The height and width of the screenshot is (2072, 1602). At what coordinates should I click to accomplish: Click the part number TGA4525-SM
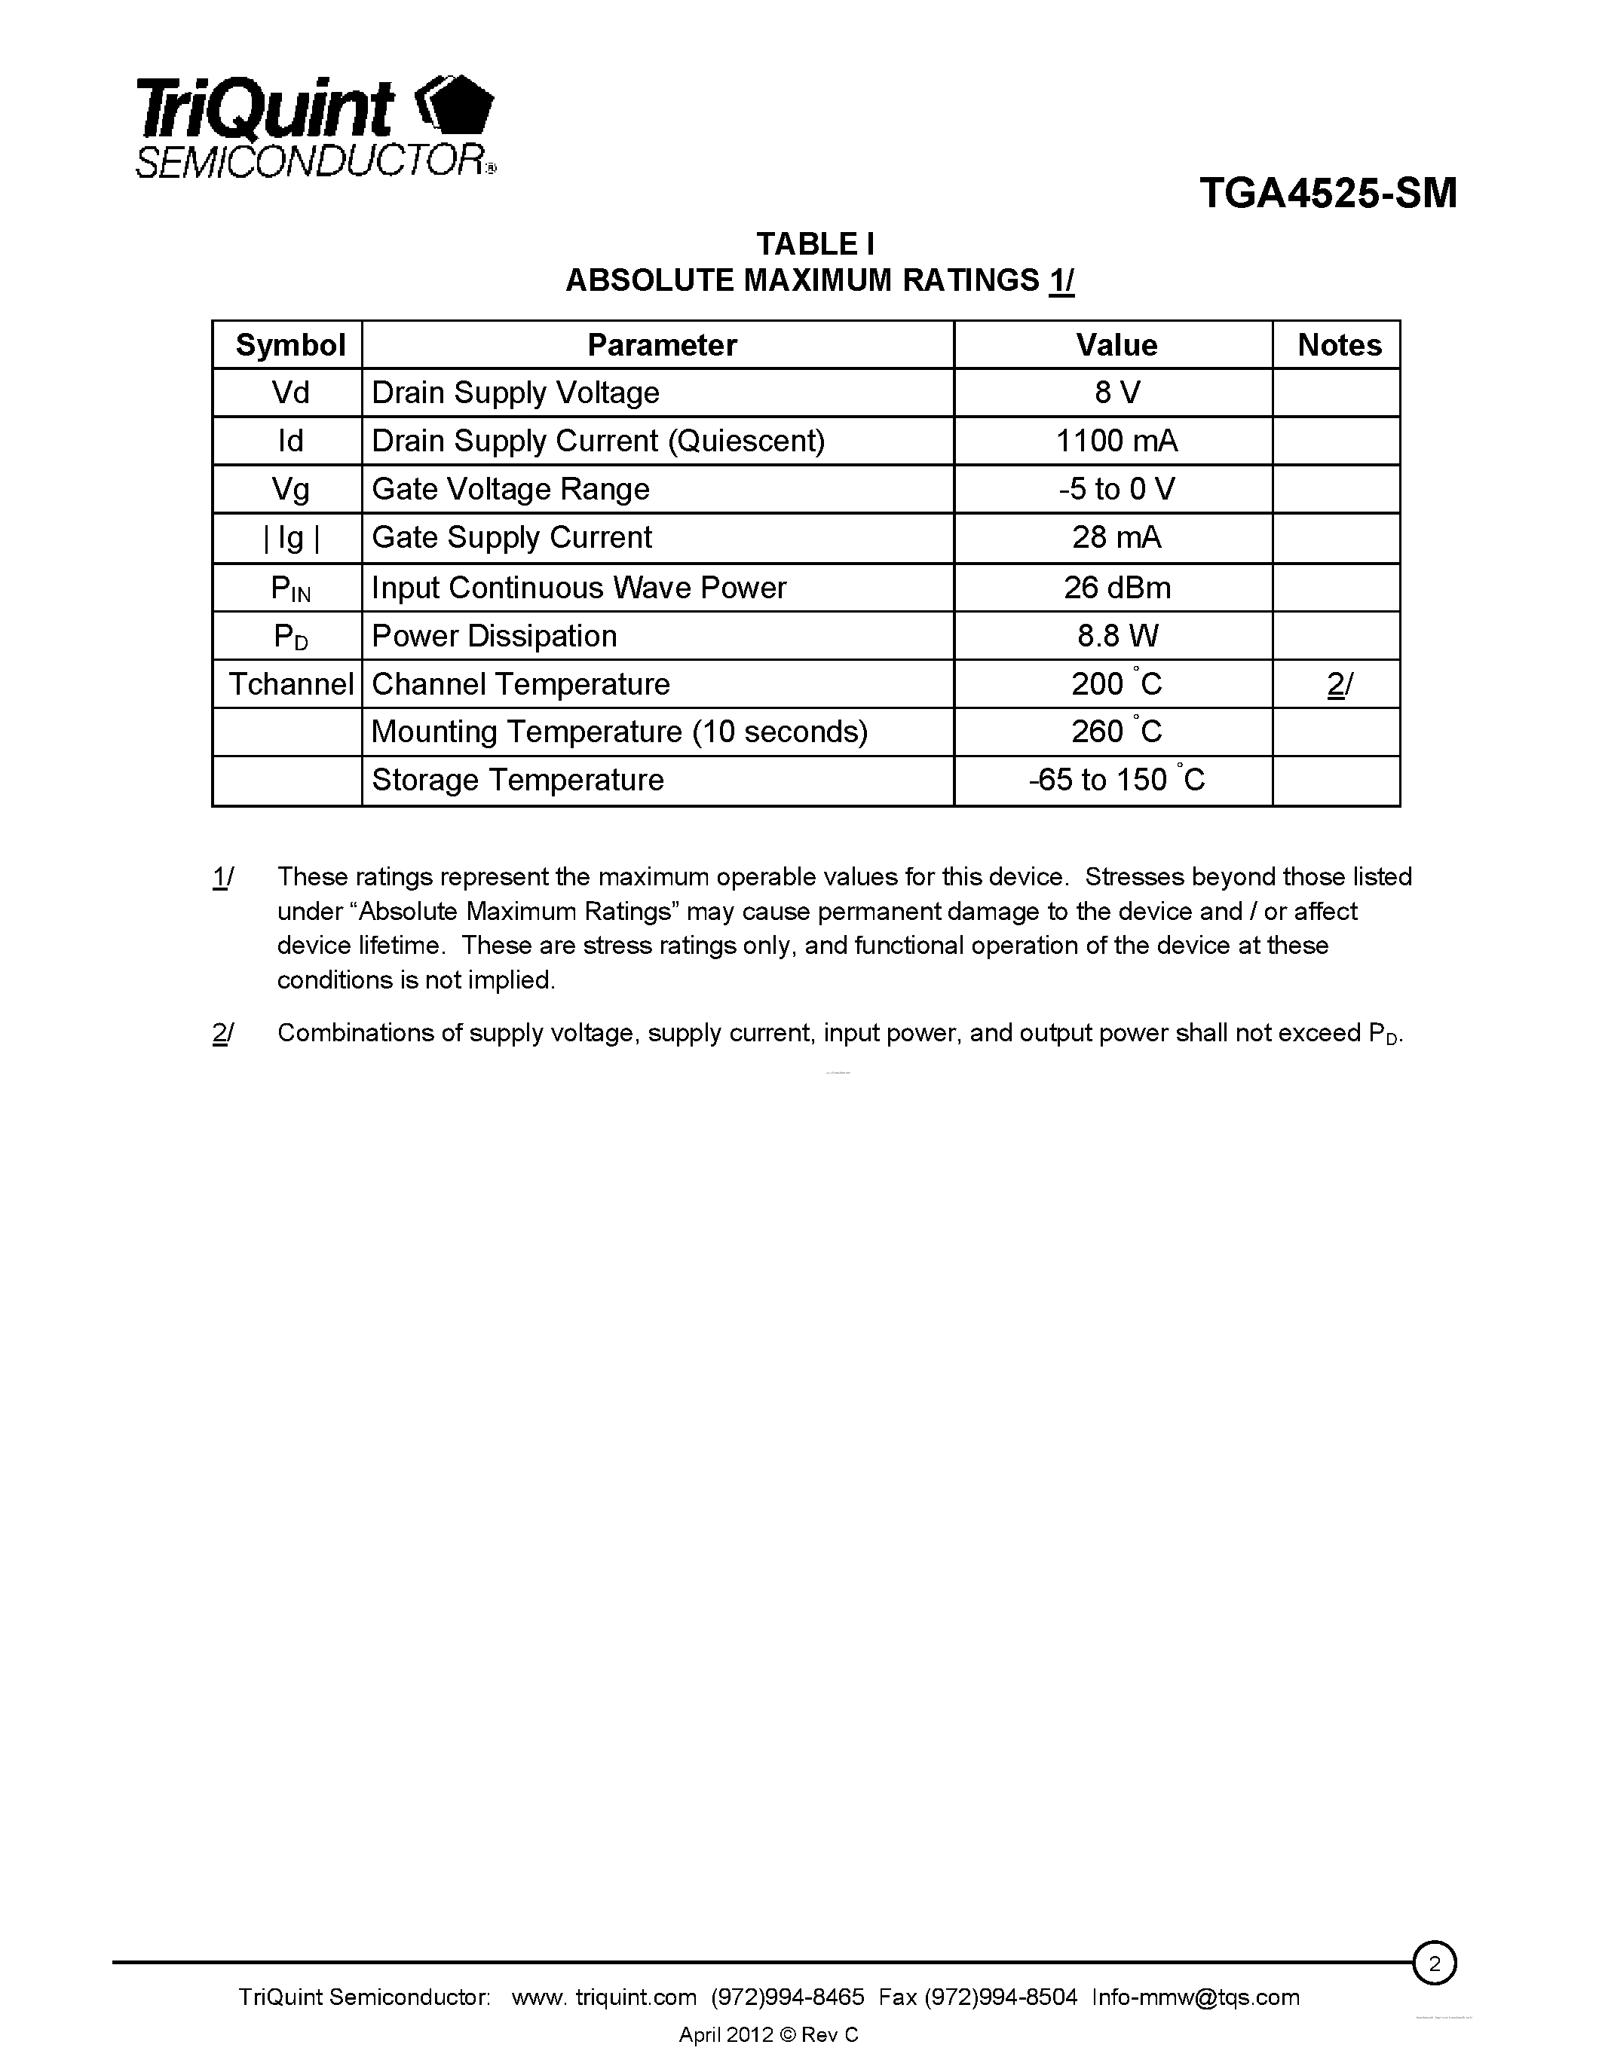[1327, 194]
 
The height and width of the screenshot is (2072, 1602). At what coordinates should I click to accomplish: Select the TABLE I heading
[815, 244]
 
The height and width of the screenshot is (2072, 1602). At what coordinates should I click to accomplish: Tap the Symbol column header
[289, 344]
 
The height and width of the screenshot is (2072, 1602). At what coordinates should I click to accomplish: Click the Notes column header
[1339, 344]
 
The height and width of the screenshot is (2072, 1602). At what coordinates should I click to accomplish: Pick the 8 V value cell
[1116, 393]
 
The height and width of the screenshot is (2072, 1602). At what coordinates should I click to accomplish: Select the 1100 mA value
[1116, 442]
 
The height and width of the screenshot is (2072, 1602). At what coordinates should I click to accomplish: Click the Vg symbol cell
[289, 490]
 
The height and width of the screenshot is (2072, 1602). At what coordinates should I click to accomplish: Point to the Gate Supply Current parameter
[512, 538]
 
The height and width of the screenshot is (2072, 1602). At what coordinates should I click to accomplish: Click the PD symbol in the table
[289, 637]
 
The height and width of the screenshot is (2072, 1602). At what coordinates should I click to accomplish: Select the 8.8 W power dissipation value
[1116, 636]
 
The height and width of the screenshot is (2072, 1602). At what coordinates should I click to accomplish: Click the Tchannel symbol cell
[289, 684]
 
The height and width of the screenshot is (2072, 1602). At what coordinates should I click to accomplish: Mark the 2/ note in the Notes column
[1339, 684]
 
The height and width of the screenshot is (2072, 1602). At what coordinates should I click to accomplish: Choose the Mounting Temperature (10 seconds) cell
[619, 732]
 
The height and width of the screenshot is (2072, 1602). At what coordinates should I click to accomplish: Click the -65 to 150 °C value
[1116, 780]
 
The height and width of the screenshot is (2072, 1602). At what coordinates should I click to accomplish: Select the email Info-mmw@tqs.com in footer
[1195, 1997]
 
